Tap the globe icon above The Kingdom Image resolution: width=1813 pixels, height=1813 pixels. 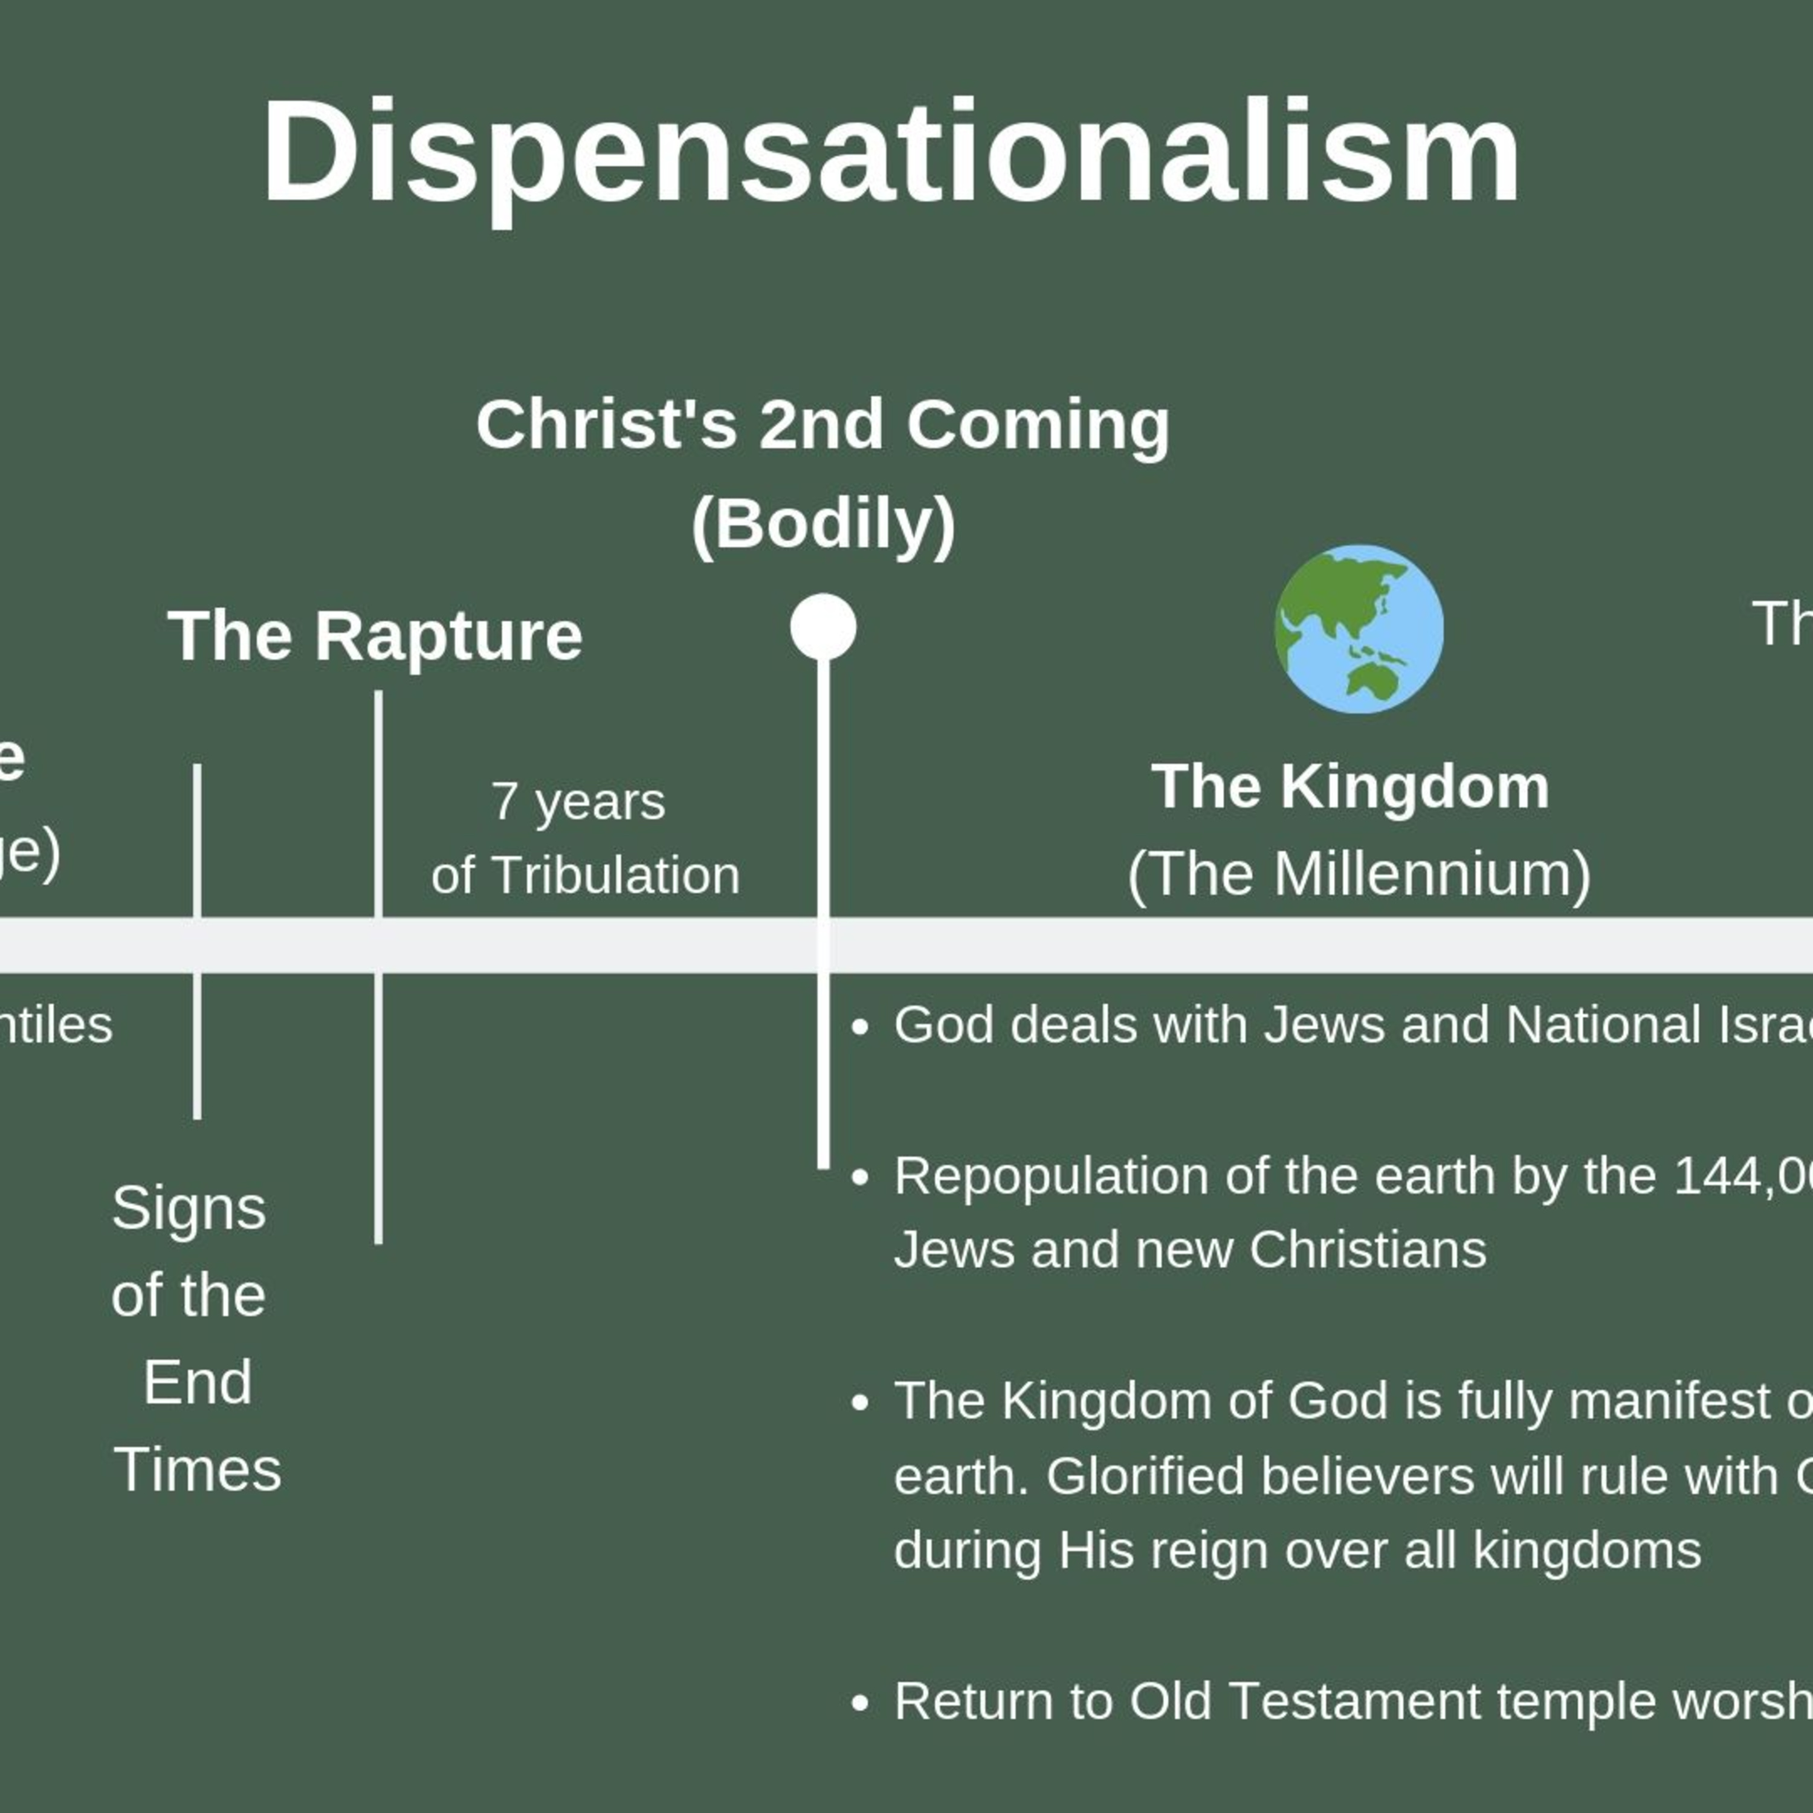1358,629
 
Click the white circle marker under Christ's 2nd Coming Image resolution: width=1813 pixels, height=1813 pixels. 823,627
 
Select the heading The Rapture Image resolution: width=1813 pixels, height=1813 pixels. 375,636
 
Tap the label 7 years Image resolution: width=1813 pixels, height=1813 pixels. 578,803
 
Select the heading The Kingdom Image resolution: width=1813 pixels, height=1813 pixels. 1350,786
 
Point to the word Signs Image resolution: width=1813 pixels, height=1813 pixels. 189,1209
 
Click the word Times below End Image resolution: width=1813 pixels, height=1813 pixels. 197,1470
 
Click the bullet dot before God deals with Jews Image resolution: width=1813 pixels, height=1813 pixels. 859,1027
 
